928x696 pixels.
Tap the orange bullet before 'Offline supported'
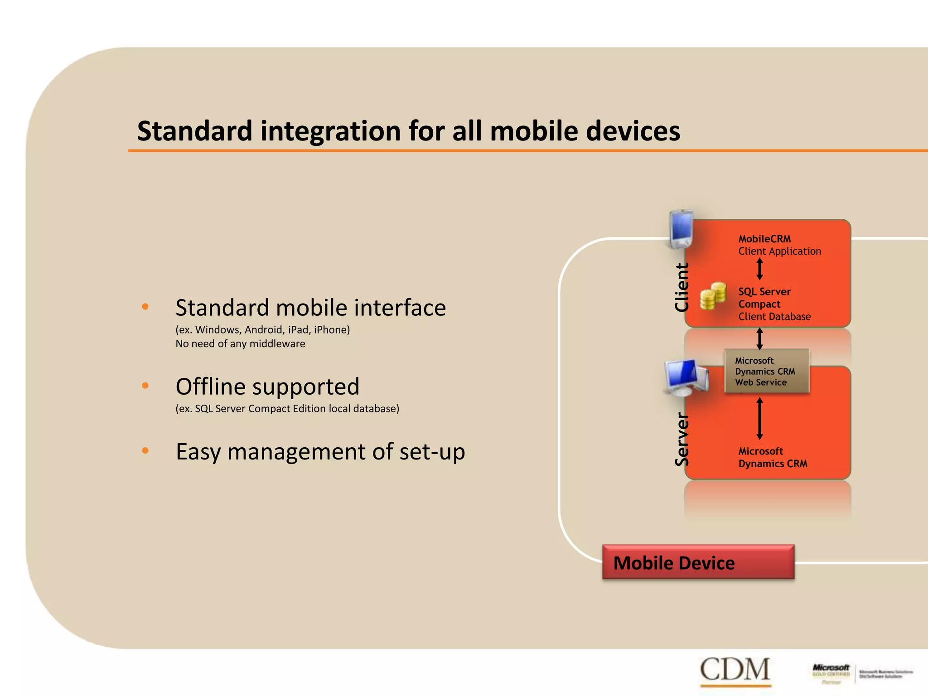coord(145,386)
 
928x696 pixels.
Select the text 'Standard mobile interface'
coord(310,308)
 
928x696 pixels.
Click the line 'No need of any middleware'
coord(240,343)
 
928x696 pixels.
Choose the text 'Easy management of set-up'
coord(320,451)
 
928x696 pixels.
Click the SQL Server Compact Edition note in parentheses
coord(287,408)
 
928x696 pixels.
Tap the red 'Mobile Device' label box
coord(698,562)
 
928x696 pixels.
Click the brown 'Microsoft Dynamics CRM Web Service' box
coord(766,371)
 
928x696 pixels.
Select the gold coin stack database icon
coord(713,296)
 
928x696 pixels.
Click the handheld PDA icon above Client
coord(681,229)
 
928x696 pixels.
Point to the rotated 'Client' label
coord(681,287)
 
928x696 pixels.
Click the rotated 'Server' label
coord(681,439)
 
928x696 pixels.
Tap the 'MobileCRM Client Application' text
coord(779,245)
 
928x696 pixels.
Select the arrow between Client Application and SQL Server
coord(760,269)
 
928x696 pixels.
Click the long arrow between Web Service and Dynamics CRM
coord(760,419)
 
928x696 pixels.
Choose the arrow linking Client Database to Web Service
coord(760,338)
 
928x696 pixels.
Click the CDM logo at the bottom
coord(735,670)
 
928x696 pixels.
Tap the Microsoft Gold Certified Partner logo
coord(831,673)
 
